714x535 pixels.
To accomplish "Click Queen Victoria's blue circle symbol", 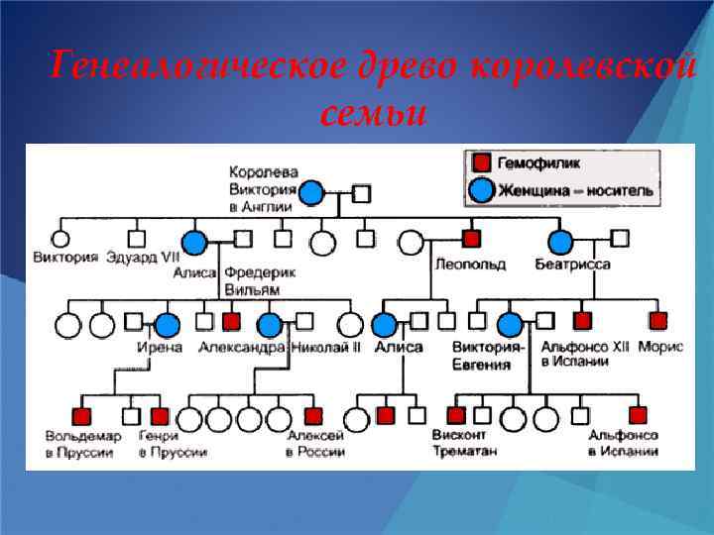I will point(311,193).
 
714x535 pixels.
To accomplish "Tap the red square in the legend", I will point(481,163).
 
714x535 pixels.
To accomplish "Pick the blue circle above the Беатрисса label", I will point(560,241).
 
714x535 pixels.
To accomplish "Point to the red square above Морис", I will point(658,320).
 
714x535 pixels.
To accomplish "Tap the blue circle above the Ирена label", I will point(167,324).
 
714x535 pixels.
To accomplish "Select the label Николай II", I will point(326,347).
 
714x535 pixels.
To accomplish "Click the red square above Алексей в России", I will point(313,416).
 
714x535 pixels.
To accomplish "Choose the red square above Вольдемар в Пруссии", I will point(82,416).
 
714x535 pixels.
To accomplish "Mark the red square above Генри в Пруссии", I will point(160,416).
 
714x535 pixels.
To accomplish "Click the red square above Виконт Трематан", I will point(456,416).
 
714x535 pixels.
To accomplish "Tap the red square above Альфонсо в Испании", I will point(637,416).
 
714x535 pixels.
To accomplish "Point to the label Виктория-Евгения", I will point(487,355).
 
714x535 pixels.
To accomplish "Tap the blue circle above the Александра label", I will point(270,324).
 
